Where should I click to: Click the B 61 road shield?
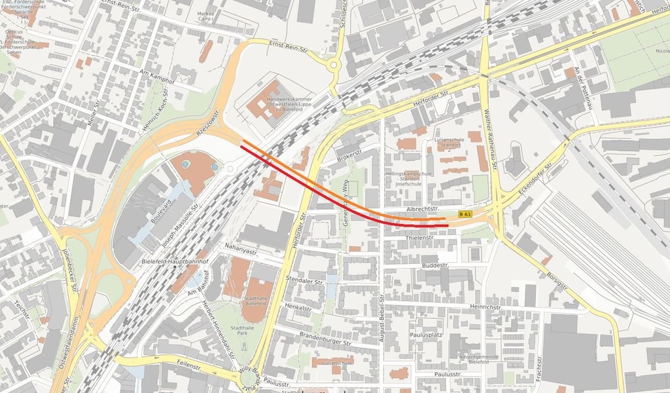click(x=465, y=214)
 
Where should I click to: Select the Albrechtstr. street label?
click(x=421, y=208)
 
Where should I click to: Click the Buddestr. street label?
click(x=435, y=266)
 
